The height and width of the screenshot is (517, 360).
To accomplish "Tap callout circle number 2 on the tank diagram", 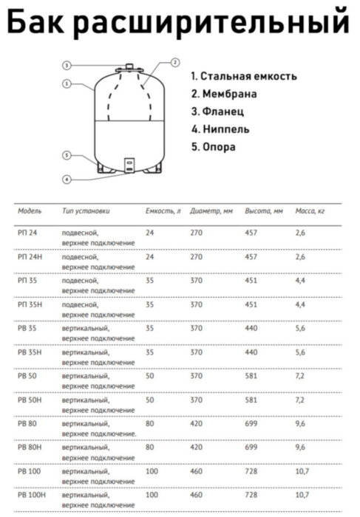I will (174, 62).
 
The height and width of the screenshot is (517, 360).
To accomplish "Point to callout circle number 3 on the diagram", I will (67, 66).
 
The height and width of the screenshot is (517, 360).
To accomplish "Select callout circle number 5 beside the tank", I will (67, 156).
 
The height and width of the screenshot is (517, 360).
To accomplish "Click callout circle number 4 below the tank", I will (67, 179).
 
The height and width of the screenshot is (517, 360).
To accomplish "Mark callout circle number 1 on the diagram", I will (67, 83).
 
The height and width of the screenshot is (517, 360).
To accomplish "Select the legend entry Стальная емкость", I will (244, 76).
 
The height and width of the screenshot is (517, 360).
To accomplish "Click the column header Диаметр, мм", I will (211, 211).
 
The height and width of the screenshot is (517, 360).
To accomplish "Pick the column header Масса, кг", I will (310, 211).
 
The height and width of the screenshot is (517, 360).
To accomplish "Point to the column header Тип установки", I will (86, 211).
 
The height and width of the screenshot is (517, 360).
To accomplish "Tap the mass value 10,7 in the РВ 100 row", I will (302, 470).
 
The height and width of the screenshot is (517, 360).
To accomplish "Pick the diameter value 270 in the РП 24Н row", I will (197, 257).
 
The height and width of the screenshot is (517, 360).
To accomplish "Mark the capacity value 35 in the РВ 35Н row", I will (150, 352).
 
